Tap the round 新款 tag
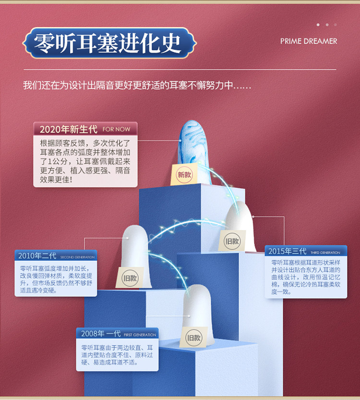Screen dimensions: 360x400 pyautogui.click(x=184, y=175)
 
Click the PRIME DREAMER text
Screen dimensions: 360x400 pyautogui.click(x=309, y=41)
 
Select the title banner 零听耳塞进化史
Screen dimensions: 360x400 pyautogui.click(x=110, y=43)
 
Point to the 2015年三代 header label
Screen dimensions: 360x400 pyautogui.click(x=287, y=251)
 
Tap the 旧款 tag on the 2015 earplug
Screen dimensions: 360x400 pyautogui.click(x=232, y=241)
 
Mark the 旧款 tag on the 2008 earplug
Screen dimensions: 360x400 pyautogui.click(x=193, y=338)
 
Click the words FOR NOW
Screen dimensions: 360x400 pyautogui.click(x=116, y=129)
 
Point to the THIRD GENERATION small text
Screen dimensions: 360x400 pyautogui.click(x=325, y=252)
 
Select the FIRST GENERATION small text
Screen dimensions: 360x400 pyautogui.click(x=140, y=335)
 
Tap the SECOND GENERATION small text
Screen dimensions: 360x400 pyautogui.click(x=77, y=257)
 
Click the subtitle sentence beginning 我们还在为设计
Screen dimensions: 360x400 pyautogui.click(x=137, y=85)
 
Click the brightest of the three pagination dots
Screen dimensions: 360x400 pyautogui.click(x=318, y=24)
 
